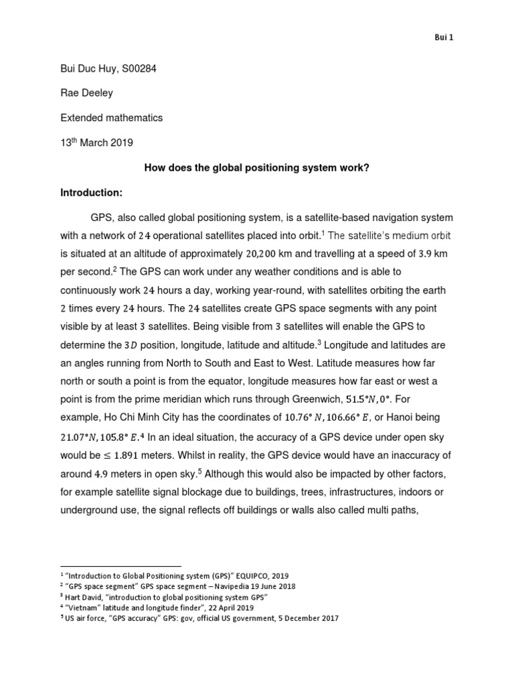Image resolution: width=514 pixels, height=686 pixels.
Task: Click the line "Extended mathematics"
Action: coord(111,117)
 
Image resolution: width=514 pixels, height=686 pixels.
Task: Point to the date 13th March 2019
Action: coord(97,142)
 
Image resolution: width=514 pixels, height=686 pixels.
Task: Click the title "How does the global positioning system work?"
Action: coord(257,167)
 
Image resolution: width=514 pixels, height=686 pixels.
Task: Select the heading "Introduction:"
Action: coord(92,193)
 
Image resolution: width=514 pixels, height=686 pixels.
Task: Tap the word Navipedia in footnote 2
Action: coord(227,586)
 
